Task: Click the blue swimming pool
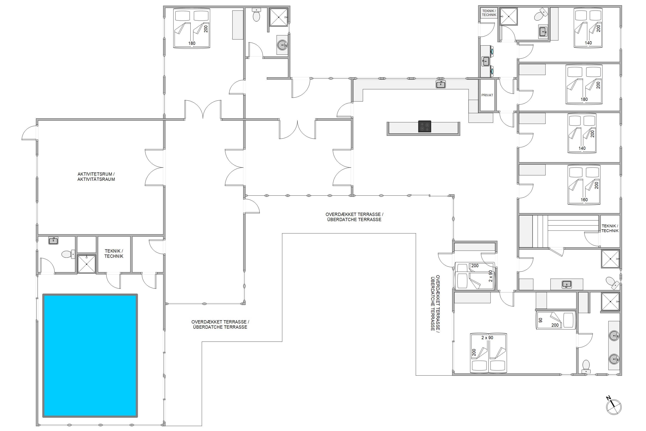pyautogui.click(x=90, y=356)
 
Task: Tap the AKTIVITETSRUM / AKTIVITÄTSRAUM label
pyautogui.click(x=96, y=176)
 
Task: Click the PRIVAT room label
pyautogui.click(x=487, y=95)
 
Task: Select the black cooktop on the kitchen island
pyautogui.click(x=424, y=126)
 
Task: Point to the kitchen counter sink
pyautogui.click(x=441, y=84)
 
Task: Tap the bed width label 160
pyautogui.click(x=584, y=200)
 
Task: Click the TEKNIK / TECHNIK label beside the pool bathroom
pyautogui.click(x=114, y=253)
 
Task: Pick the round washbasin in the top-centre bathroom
pyautogui.click(x=282, y=45)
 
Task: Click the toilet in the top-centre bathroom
pyautogui.click(x=256, y=15)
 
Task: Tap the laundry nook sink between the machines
pyautogui.click(x=485, y=61)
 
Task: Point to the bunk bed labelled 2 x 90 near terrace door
pyautogui.click(x=475, y=276)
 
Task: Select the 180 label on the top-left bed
pyautogui.click(x=192, y=43)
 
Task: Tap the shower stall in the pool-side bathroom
pyautogui.click(x=87, y=264)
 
